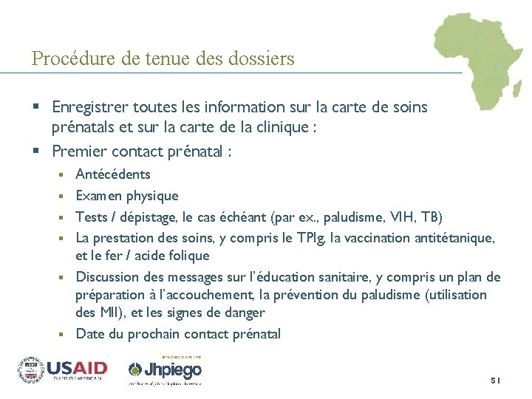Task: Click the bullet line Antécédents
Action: coord(113,174)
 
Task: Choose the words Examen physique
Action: coord(127,196)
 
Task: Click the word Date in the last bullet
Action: coord(89,334)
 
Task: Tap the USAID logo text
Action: coord(77,367)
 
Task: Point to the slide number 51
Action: coord(495,380)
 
